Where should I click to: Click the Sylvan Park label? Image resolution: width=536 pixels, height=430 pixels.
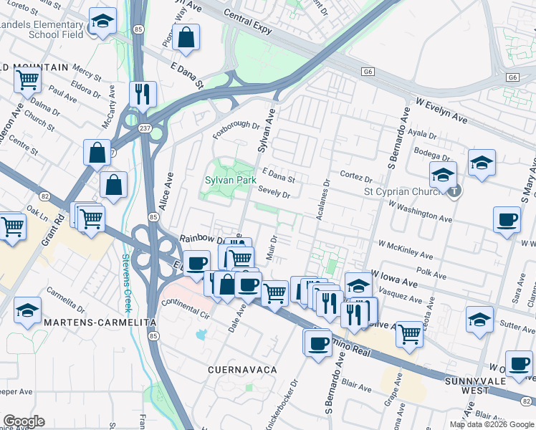[230, 180]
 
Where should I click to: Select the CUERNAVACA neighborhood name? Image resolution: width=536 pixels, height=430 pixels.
[242, 369]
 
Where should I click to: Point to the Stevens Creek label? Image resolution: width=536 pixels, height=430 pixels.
[126, 282]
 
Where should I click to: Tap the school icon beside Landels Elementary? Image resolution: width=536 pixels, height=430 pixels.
[102, 21]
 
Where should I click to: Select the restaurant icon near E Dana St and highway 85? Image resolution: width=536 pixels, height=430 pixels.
[142, 93]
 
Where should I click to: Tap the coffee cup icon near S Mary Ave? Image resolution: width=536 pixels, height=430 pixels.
[507, 219]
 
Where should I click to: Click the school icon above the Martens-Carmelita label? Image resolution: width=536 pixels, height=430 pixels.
[27, 310]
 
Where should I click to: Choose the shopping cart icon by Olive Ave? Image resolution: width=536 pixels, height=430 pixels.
[408, 333]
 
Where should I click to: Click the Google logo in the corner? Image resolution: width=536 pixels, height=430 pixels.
[23, 421]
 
